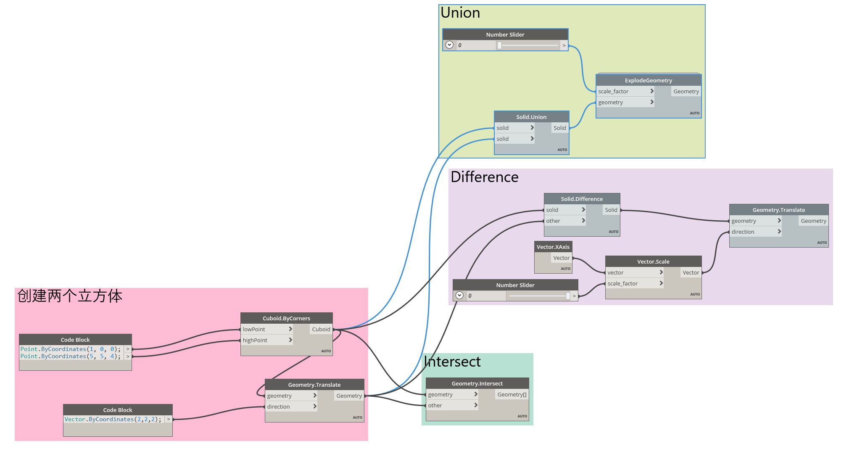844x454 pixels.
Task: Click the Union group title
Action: coord(460,13)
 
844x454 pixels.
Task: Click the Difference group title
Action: coord(484,177)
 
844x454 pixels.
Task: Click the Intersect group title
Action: coord(452,362)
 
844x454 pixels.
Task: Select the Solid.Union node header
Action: coord(531,117)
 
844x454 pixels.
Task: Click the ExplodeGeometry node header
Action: coord(648,80)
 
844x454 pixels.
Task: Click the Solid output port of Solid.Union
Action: coord(559,128)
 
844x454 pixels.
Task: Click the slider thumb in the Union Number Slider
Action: coord(499,45)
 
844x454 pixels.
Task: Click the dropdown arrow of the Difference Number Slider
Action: coord(459,296)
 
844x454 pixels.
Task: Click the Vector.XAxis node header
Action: coord(553,247)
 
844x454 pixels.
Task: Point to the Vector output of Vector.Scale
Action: coord(691,272)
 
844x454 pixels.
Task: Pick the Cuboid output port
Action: coord(321,329)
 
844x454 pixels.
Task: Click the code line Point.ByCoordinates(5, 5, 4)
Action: coord(70,356)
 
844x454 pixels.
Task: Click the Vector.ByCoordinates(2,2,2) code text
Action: coord(113,420)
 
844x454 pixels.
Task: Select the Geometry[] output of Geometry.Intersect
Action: coord(512,394)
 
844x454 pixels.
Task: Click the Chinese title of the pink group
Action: coord(70,296)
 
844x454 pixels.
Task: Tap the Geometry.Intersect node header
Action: coord(477,383)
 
